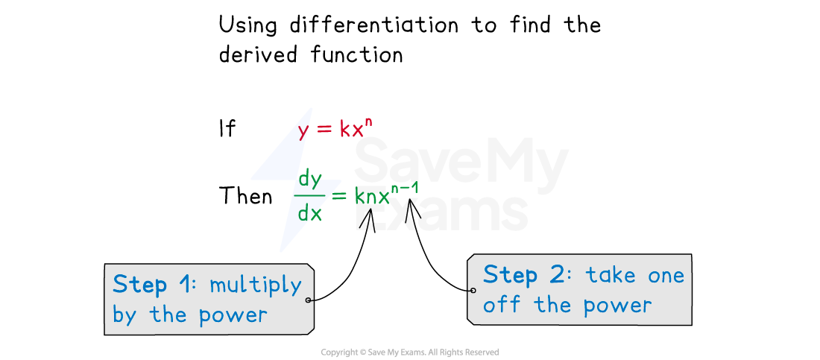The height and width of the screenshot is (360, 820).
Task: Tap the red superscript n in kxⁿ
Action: click(368, 123)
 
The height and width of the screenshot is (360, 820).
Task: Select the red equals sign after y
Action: click(324, 130)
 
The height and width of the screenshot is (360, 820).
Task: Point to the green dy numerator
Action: click(309, 180)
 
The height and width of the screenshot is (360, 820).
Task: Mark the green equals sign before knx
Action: click(340, 197)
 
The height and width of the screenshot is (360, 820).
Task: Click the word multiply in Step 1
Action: click(255, 285)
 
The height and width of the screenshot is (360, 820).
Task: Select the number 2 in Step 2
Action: click(557, 275)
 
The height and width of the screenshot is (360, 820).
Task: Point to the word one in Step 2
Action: click(666, 276)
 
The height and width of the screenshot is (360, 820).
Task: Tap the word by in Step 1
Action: click(124, 315)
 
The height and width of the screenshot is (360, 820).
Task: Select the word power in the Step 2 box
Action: click(617, 306)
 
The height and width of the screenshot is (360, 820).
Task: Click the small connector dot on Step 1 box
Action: click(308, 300)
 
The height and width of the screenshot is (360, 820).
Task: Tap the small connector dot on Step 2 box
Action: click(473, 291)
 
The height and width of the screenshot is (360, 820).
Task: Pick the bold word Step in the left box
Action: click(139, 284)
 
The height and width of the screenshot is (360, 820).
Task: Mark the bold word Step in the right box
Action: click(510, 275)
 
